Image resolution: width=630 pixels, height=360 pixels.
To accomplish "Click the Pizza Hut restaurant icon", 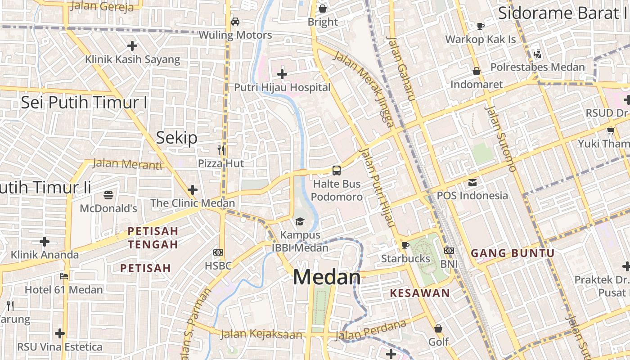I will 221,150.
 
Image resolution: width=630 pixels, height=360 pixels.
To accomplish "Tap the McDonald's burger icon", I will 108,195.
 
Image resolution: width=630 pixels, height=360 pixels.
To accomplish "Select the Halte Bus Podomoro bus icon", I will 337,171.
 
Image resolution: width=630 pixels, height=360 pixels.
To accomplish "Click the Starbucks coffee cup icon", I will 405,245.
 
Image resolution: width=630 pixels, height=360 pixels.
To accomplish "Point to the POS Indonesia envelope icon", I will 472,183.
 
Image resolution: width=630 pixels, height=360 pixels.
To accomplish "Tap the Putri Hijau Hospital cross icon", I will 282,74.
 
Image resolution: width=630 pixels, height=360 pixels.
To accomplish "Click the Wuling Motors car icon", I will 235,22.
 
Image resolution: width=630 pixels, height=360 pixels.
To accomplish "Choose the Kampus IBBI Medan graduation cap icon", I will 300,221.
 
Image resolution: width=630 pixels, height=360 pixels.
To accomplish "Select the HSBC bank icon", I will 218,252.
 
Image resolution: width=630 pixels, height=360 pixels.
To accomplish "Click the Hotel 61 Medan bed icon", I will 64,276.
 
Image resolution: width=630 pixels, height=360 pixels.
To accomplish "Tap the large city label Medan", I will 327,277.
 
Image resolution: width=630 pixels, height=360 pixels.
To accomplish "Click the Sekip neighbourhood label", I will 176,138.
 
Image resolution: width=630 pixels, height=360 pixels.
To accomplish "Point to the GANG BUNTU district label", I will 513,253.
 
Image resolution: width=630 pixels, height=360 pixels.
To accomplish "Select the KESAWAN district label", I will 420,293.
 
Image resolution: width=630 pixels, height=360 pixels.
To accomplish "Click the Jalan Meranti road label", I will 127,164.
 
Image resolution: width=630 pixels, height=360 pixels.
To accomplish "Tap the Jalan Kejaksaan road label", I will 261,334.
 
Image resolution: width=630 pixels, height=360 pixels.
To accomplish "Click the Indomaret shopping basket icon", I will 477,72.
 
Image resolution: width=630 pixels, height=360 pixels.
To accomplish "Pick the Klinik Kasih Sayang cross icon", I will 132,46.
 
